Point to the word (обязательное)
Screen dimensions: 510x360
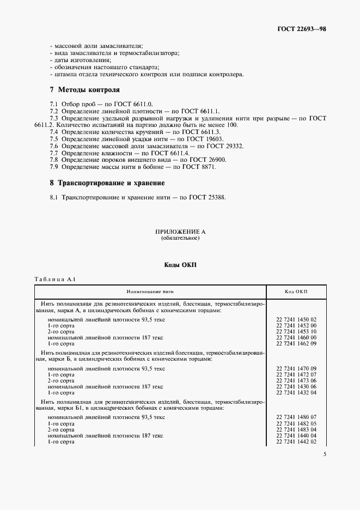click(x=180, y=239)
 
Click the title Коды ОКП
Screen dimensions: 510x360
click(x=180, y=265)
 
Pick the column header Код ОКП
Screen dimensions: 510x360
click(x=296, y=292)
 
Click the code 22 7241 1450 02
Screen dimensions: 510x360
click(x=296, y=320)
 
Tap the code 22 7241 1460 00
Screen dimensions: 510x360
click(x=296, y=338)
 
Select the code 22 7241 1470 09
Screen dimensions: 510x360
click(x=296, y=369)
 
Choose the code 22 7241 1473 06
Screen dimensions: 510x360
click(x=296, y=381)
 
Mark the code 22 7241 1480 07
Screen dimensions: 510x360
click(x=296, y=417)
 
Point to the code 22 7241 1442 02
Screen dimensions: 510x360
click(x=296, y=441)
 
